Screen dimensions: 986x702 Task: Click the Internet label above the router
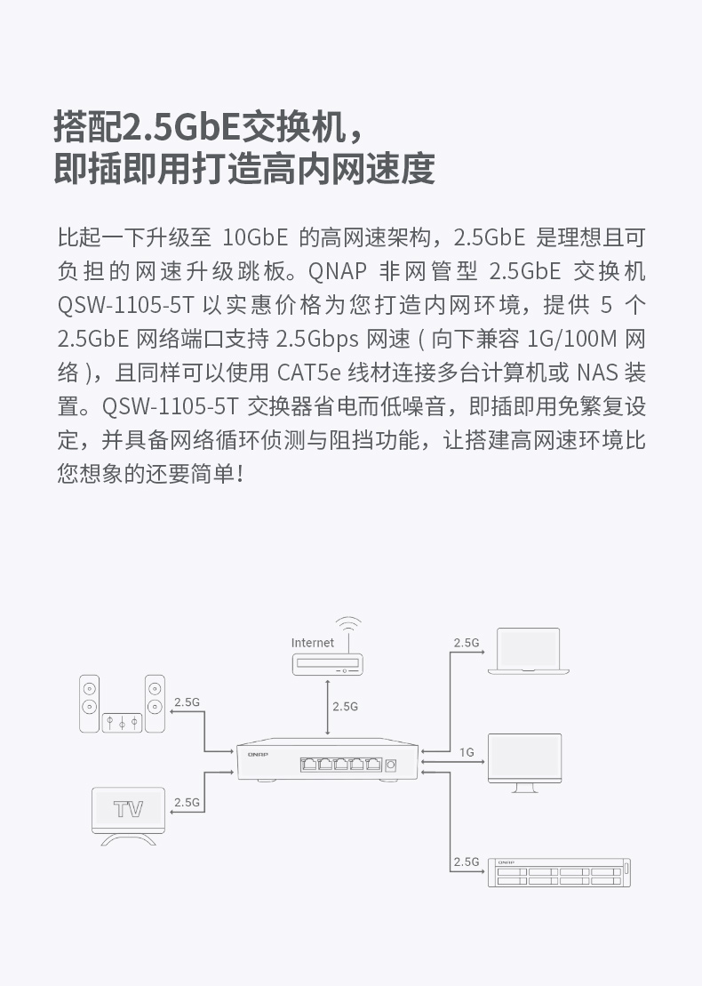point(313,642)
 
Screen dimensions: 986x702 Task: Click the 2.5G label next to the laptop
point(466,642)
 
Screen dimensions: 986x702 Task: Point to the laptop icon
point(528,652)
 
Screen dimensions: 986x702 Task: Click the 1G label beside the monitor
point(467,752)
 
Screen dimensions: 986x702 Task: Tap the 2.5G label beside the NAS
point(466,862)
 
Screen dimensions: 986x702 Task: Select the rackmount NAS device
point(559,872)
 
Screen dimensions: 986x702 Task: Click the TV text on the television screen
point(129,809)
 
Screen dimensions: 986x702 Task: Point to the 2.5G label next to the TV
point(187,801)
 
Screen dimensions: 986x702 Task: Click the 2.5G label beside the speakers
point(187,701)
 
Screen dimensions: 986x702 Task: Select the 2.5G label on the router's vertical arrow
point(345,706)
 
